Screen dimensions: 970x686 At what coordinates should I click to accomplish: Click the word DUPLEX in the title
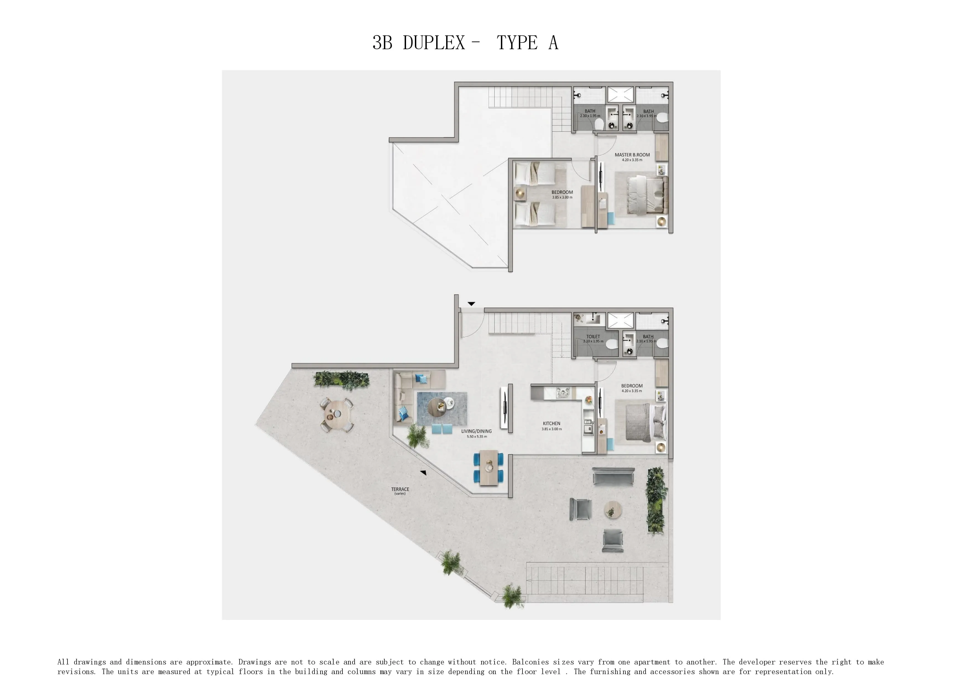pos(434,43)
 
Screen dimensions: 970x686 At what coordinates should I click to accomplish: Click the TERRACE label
pos(400,489)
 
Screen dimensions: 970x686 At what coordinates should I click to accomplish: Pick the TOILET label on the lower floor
pos(593,337)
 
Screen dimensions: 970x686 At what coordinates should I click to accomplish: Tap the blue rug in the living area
pos(442,409)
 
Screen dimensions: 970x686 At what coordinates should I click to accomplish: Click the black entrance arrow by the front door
pos(471,304)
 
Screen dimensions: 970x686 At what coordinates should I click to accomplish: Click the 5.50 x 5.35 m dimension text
pos(477,436)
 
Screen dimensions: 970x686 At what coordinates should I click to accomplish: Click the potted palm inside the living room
pos(418,436)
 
